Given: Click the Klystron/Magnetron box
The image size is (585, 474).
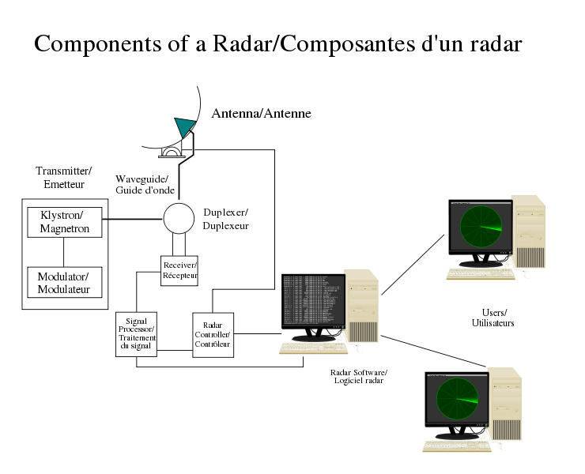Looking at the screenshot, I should pos(65,222).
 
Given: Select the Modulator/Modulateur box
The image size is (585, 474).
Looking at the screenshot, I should pos(64,283).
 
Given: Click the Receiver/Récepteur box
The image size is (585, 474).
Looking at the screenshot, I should pos(179,270).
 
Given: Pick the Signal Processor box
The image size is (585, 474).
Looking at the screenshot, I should pos(136,333).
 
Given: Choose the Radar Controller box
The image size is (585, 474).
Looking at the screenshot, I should pos(213,335).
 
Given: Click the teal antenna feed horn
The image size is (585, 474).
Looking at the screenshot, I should pos(184,126).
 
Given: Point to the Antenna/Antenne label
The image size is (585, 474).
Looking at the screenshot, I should pos(261,114).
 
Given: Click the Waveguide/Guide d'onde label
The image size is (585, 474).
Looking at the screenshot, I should pos(142,185).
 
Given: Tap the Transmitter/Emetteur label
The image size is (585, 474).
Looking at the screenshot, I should pos(64,177).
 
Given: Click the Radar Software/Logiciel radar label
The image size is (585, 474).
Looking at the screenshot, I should pos(360,376).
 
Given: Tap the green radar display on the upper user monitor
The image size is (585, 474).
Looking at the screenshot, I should pos(480,226).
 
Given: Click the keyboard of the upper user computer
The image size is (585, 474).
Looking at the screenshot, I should pos(480,274).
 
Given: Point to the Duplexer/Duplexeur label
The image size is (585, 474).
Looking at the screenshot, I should pos(226,219).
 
